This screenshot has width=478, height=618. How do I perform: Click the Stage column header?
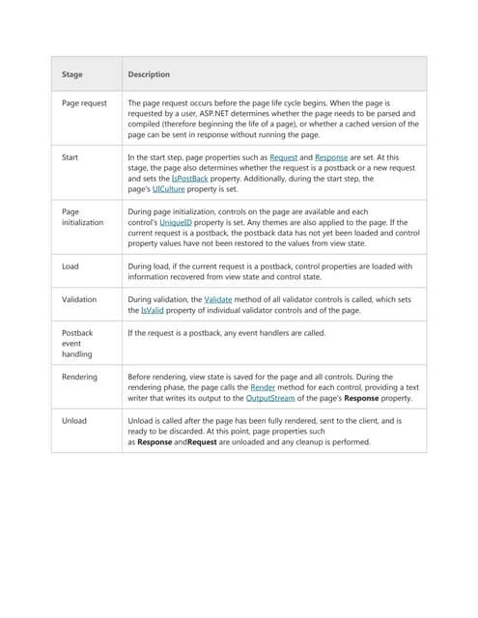(x=72, y=74)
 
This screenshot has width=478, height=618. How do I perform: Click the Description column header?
(x=149, y=74)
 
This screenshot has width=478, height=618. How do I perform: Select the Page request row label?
(x=85, y=102)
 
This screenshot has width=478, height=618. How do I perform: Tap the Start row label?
(x=70, y=156)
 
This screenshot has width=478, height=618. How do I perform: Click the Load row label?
(x=70, y=266)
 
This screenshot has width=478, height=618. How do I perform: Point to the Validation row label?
(x=79, y=299)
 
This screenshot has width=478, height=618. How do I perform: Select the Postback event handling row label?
(x=77, y=343)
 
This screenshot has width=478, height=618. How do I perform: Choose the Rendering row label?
(x=79, y=377)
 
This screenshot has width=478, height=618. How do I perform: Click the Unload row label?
(x=74, y=421)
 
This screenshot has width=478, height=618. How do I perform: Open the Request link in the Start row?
(x=283, y=156)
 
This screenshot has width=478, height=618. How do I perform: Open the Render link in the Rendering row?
(x=263, y=387)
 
